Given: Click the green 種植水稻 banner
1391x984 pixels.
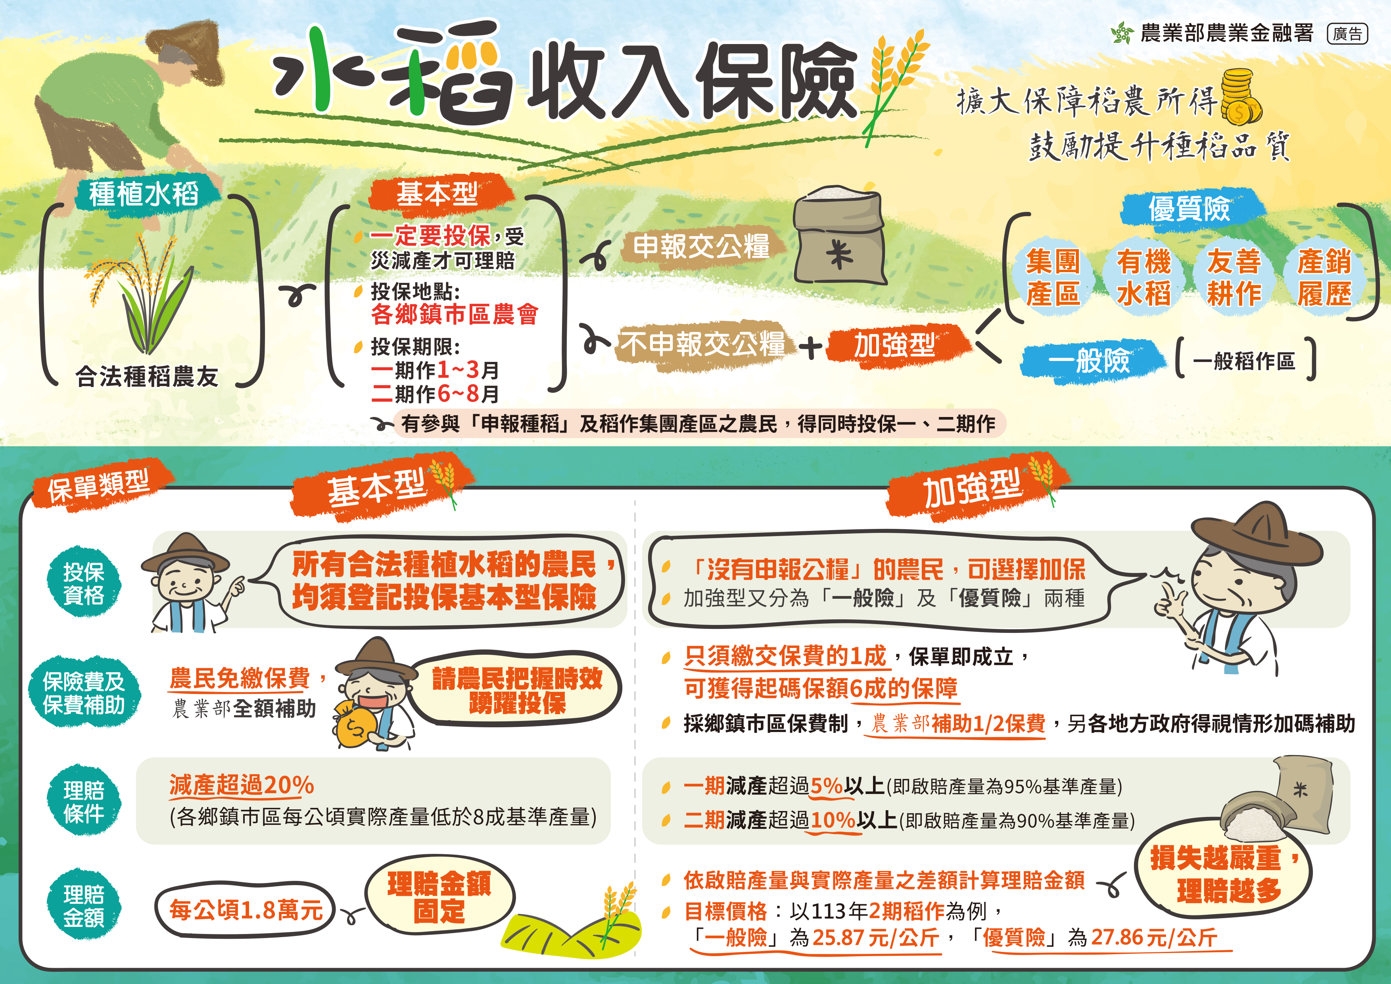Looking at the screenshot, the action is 145,194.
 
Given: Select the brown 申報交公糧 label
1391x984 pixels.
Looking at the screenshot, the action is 702,246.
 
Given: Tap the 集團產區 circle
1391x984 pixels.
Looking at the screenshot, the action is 1053,277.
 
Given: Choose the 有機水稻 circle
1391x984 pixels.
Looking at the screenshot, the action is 1144,277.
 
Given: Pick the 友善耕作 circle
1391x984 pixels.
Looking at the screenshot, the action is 1234,277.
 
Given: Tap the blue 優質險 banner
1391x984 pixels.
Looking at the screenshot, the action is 1190,208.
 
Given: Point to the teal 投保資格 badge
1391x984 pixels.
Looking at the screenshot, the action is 84,583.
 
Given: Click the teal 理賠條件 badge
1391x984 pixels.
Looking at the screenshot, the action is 84,801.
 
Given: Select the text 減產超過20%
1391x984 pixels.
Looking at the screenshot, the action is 241,785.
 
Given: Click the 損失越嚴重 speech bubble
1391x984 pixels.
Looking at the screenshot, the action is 1222,873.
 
